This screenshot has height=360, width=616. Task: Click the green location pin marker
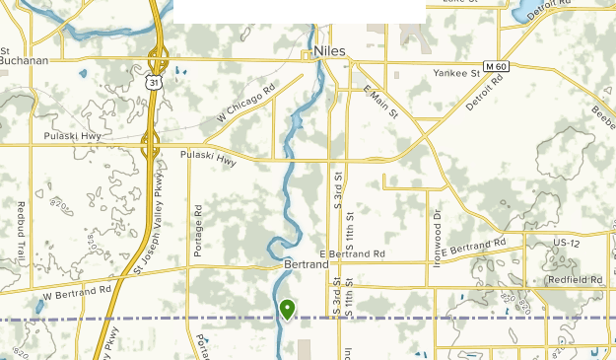[x=287, y=310]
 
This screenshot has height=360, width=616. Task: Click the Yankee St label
[x=455, y=73]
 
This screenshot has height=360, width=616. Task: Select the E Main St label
[x=380, y=103]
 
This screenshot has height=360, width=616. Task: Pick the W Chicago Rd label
[x=246, y=106]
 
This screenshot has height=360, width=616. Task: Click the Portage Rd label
[x=198, y=231]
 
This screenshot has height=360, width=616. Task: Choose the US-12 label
[x=567, y=242]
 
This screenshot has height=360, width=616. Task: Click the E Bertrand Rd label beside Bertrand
[x=352, y=254]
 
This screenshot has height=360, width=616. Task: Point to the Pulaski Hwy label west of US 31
[x=72, y=135]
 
